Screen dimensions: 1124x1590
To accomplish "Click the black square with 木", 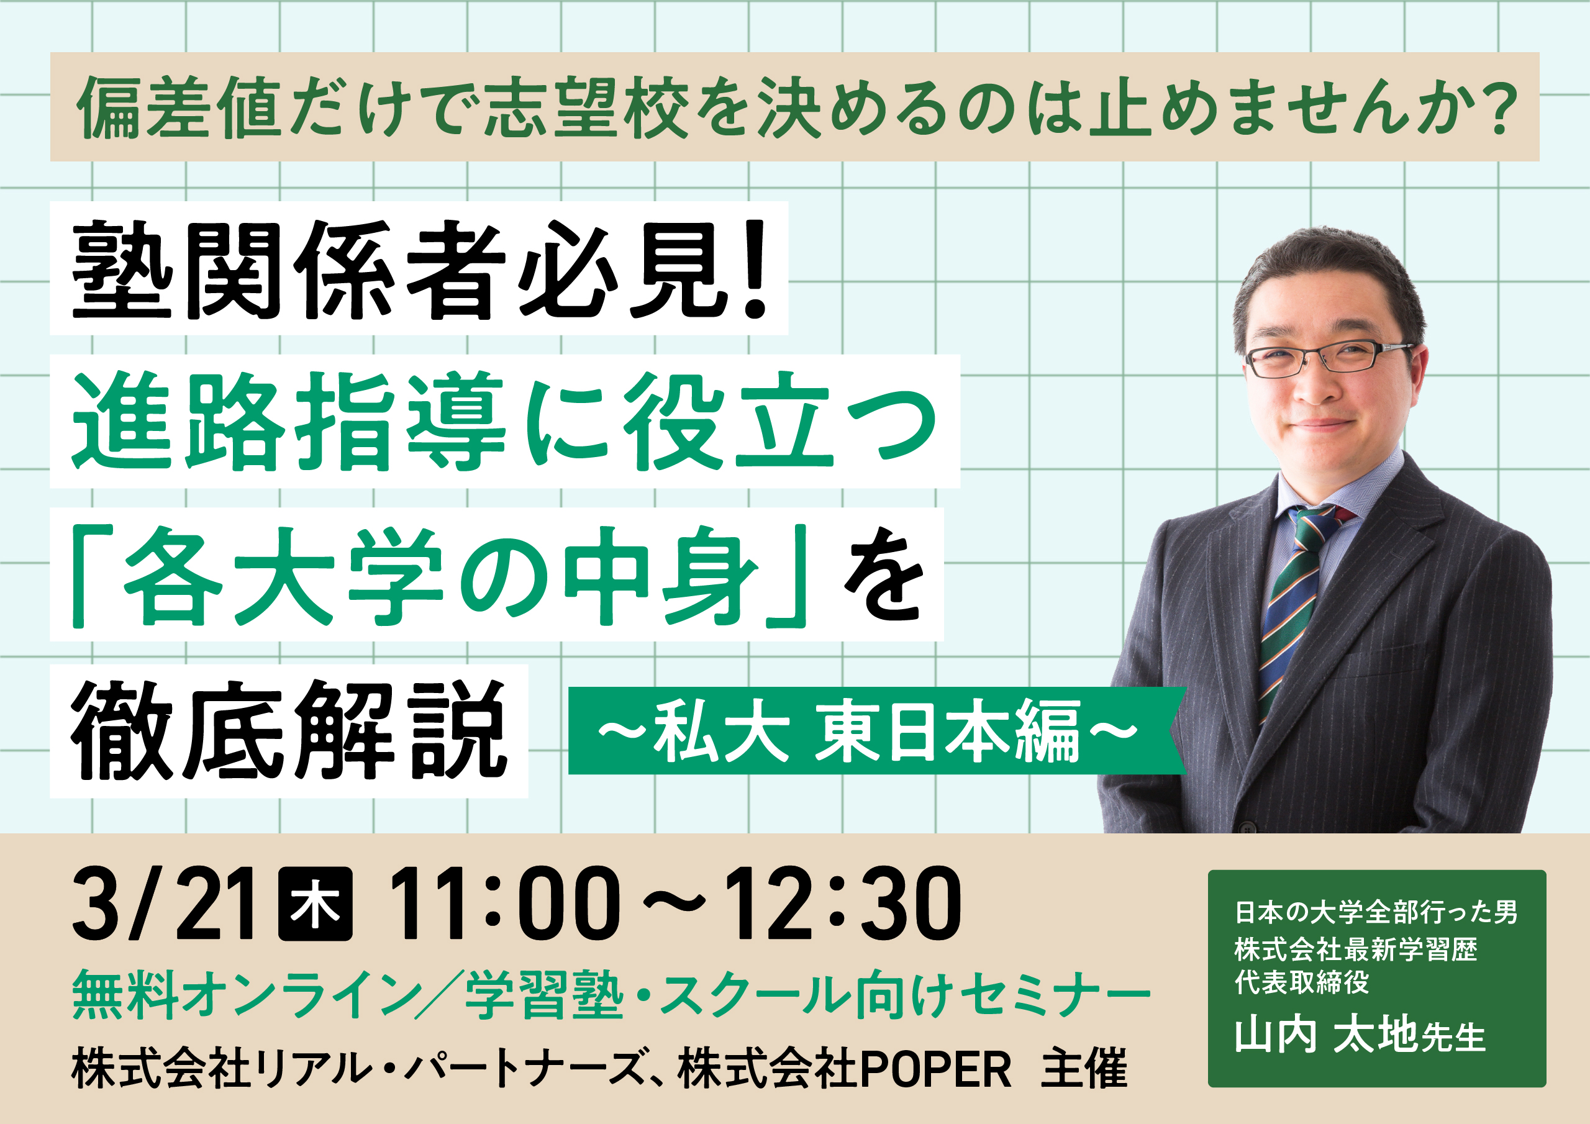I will tap(314, 904).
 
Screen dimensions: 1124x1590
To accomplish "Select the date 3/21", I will tap(163, 904).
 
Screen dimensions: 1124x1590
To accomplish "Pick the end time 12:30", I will tap(842, 904).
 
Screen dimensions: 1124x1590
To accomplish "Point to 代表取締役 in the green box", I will tap(1302, 982).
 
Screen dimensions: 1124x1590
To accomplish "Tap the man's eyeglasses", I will tap(1326, 359).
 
